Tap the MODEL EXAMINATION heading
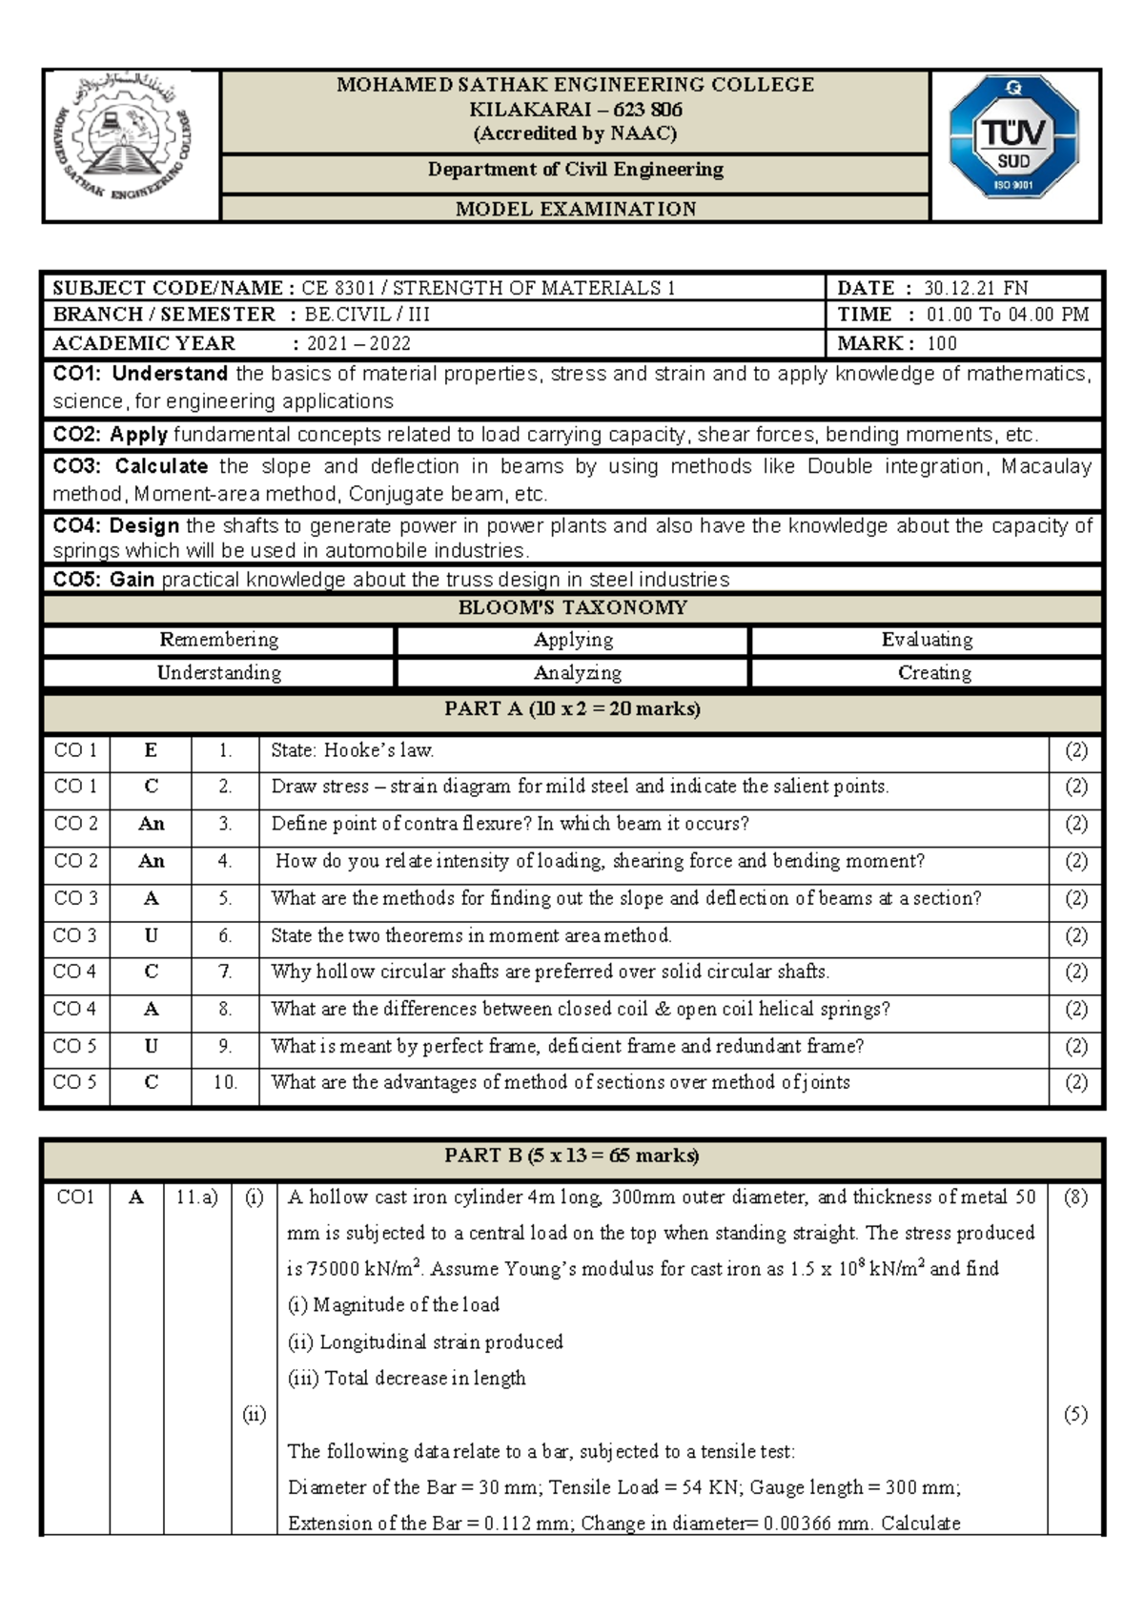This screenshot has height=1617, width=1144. [x=575, y=209]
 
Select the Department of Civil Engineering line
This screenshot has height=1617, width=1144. [x=575, y=170]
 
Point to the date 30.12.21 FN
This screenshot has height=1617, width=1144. [x=975, y=288]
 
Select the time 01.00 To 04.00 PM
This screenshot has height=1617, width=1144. [x=1007, y=315]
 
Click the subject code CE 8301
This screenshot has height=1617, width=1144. [x=337, y=288]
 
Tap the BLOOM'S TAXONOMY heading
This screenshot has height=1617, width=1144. [x=572, y=608]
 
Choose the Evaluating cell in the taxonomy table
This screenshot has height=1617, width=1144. [x=927, y=640]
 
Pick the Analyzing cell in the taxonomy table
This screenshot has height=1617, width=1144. [x=577, y=673]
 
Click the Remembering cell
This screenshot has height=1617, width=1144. [x=218, y=640]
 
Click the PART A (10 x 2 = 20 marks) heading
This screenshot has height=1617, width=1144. [x=572, y=709]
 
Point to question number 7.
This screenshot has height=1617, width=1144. [x=225, y=972]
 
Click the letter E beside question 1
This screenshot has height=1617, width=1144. [x=151, y=750]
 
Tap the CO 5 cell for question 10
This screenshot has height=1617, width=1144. [x=74, y=1082]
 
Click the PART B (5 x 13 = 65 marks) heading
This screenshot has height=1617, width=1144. [x=572, y=1156]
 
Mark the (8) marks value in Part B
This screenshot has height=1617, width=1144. [x=1075, y=1197]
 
